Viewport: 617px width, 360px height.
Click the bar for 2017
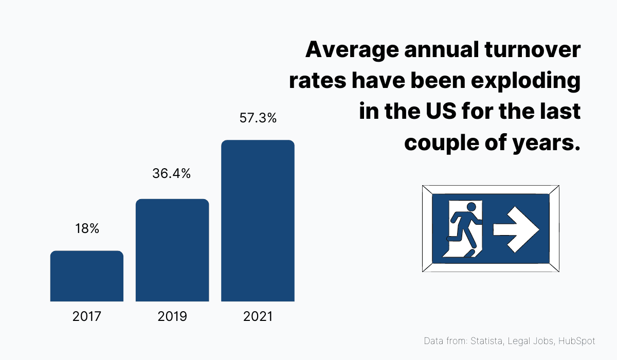tap(86, 276)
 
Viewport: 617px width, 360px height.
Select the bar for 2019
tap(172, 250)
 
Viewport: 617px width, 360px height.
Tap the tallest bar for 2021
tap(258, 221)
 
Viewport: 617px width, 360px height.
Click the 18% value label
tap(87, 229)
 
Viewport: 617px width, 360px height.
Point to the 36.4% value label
tap(172, 174)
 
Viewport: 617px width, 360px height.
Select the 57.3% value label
tap(258, 118)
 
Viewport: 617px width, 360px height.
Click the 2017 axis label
tap(87, 316)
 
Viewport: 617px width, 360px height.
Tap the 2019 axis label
tap(172, 316)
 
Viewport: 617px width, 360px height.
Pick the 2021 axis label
tap(258, 316)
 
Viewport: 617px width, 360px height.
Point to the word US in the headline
tap(435, 112)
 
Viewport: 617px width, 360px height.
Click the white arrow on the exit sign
tap(516, 230)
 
